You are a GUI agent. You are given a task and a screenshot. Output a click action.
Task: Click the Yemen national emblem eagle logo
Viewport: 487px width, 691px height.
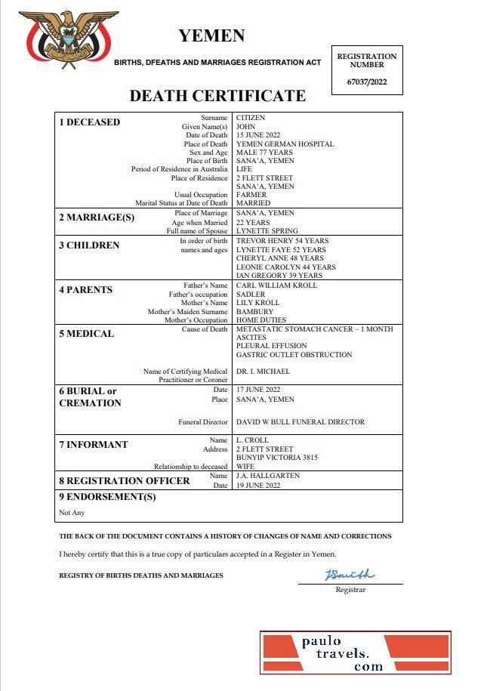(x=68, y=38)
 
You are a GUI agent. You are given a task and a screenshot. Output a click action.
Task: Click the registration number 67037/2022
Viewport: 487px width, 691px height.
(x=367, y=82)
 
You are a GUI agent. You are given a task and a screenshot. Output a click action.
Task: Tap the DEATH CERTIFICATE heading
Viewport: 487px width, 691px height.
(x=217, y=96)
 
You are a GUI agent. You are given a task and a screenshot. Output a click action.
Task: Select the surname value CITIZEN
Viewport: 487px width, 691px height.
(x=251, y=118)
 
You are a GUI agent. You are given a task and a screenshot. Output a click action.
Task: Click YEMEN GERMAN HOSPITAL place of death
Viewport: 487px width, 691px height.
(x=285, y=143)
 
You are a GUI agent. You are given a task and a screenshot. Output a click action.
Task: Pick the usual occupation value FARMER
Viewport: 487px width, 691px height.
(x=251, y=195)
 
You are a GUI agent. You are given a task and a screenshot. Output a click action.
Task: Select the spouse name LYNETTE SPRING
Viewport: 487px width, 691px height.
(x=267, y=230)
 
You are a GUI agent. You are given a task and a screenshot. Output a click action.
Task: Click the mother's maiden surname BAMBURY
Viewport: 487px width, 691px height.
(x=254, y=311)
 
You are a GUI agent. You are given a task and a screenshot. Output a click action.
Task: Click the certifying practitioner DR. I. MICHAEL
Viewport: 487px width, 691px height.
(x=263, y=372)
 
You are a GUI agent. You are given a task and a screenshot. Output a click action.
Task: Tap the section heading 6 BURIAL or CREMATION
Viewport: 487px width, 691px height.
(x=90, y=397)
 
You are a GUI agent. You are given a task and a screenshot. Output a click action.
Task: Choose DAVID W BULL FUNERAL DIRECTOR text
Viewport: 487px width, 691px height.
(x=300, y=422)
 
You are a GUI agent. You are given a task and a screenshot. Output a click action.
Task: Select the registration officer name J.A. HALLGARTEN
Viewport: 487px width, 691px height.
(x=267, y=476)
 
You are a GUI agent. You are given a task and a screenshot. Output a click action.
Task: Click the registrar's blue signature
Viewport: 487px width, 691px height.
(x=350, y=575)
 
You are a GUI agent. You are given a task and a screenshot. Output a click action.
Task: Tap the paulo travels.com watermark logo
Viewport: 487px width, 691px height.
(x=356, y=653)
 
